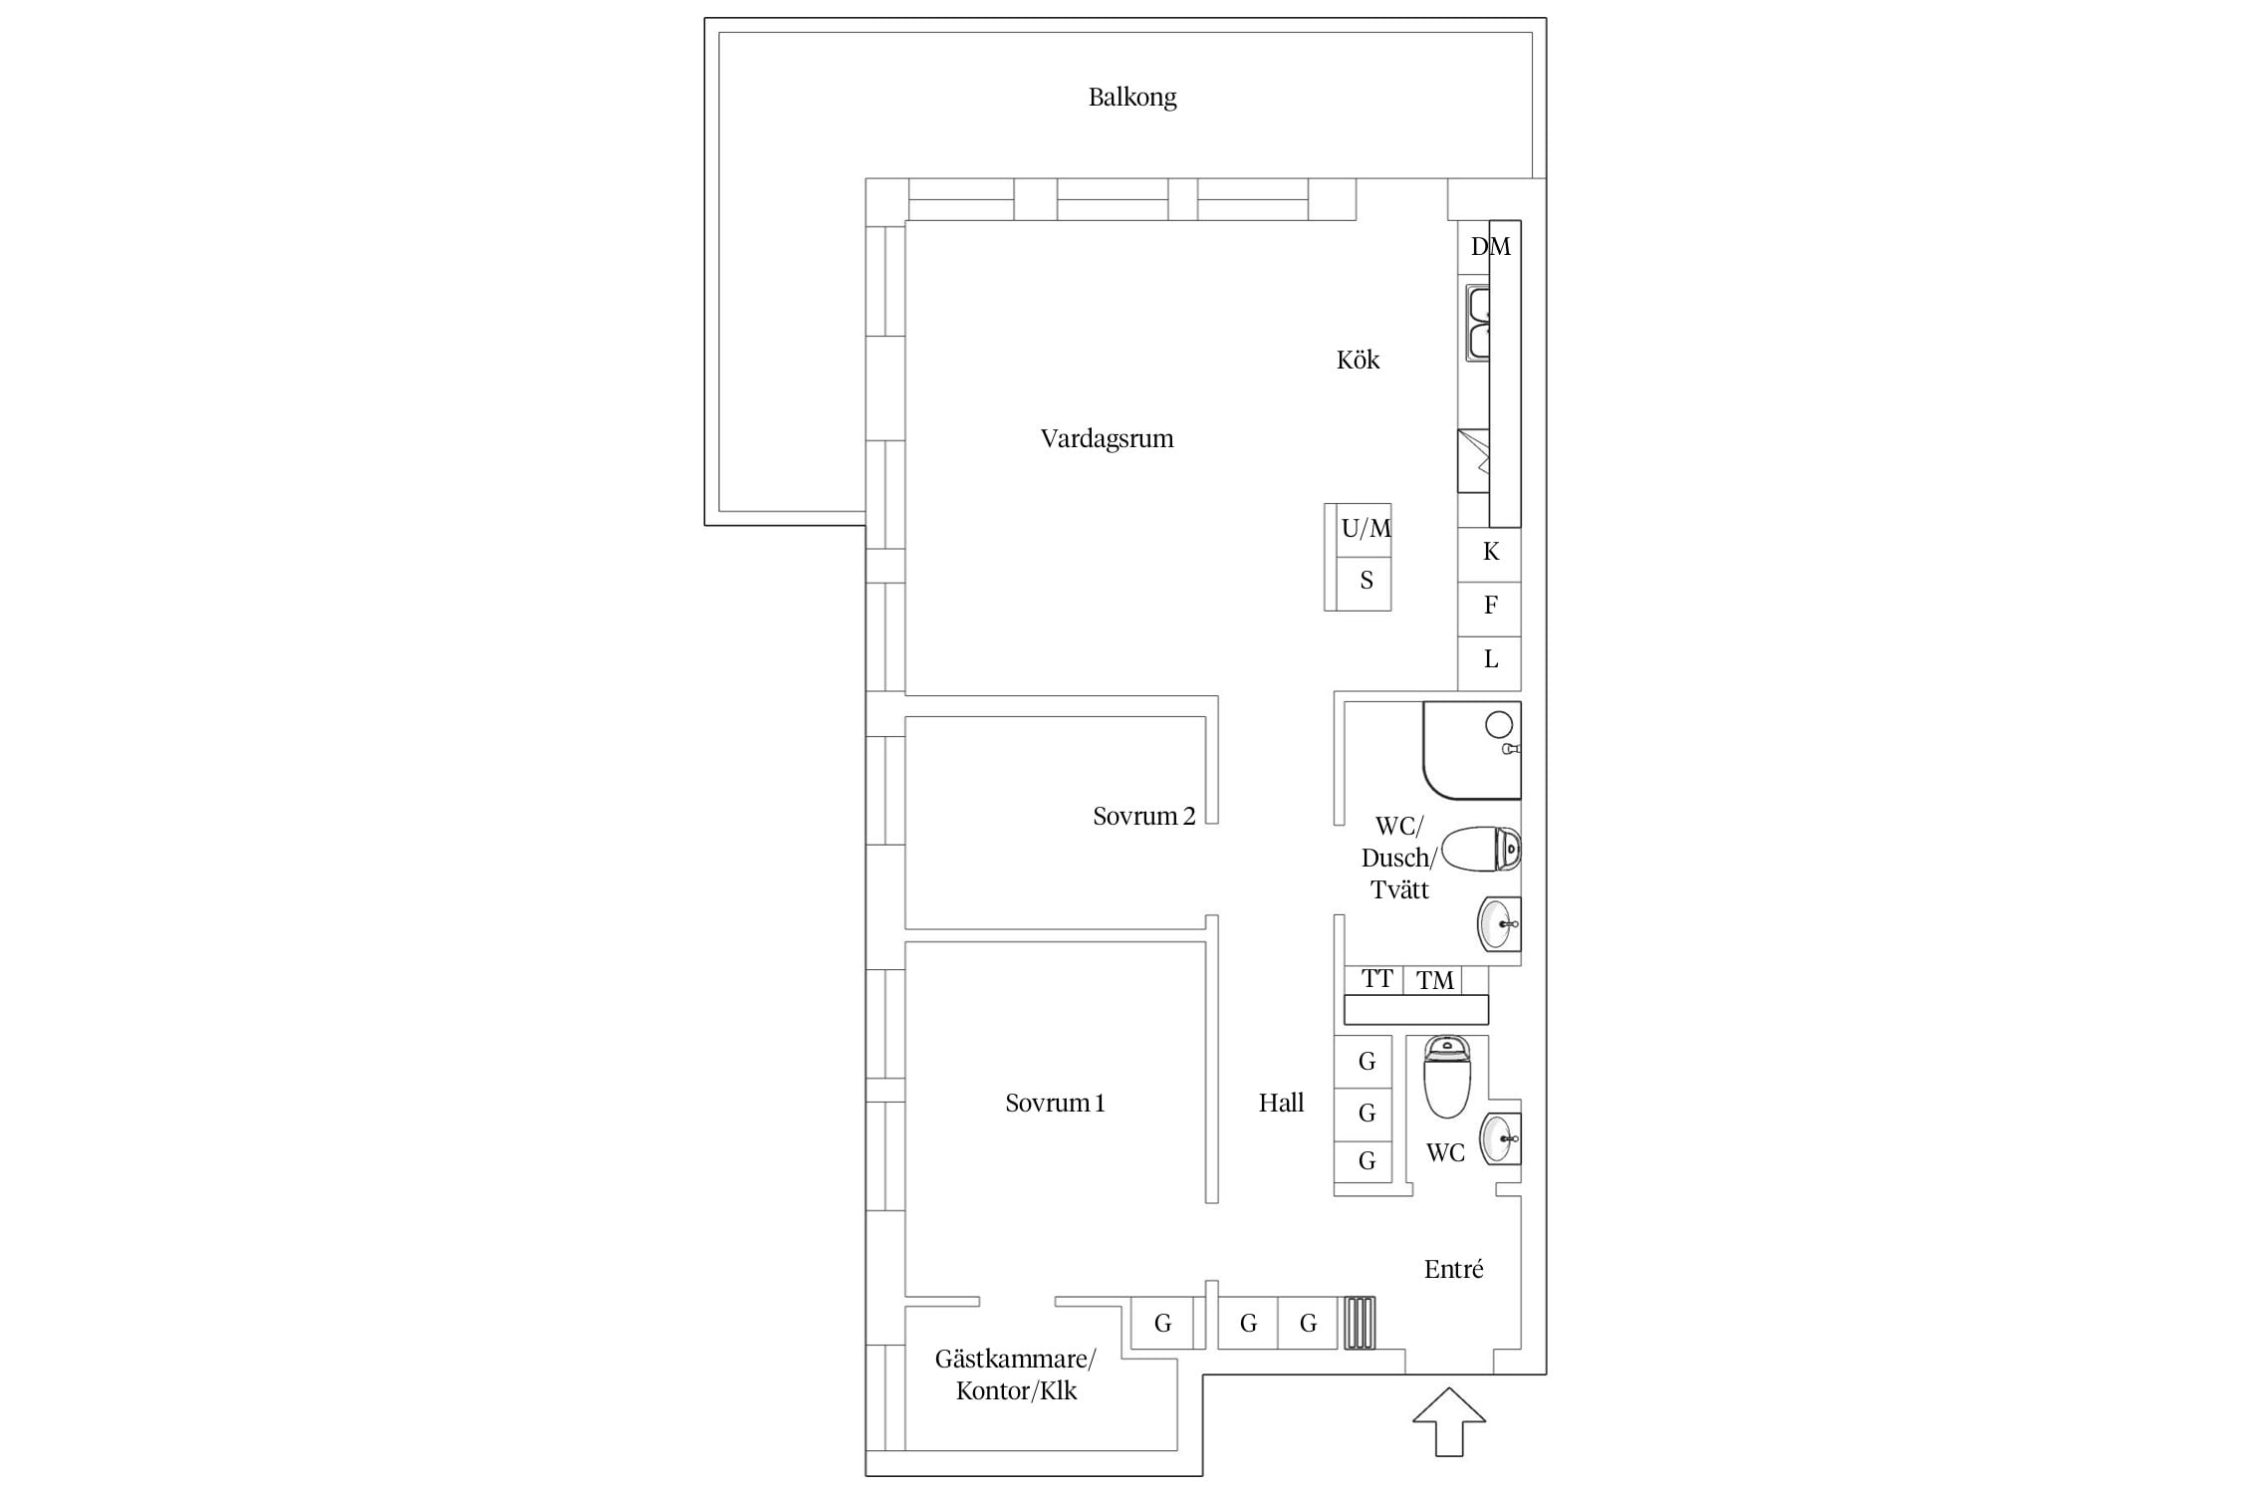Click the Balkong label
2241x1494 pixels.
point(1132,98)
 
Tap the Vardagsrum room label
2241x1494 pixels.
point(1107,439)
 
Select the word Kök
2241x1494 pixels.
point(1358,360)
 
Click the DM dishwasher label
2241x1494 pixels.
point(1491,246)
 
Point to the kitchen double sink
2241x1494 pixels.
point(1478,323)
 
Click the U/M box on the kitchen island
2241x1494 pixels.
point(1364,529)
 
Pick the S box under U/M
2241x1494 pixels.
point(1364,583)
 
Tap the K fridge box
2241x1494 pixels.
point(1490,554)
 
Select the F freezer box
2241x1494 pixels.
point(1490,609)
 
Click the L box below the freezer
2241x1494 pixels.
point(1490,662)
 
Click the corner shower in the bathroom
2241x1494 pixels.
point(1472,750)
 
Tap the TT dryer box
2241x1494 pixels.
point(1374,980)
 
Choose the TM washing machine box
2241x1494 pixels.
point(1433,980)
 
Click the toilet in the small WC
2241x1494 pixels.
point(1447,1076)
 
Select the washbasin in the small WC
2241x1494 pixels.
point(1500,1137)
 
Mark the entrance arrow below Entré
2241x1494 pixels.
point(1449,1421)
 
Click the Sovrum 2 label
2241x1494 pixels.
point(1143,817)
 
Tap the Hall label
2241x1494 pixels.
point(1281,1103)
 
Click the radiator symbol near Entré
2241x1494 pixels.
point(1360,1323)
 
